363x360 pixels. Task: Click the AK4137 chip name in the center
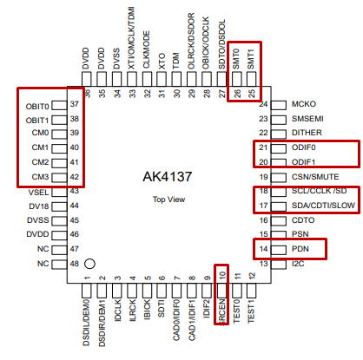click(167, 176)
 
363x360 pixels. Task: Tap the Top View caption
click(168, 200)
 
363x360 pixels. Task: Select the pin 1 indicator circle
click(89, 264)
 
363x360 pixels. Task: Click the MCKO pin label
click(304, 104)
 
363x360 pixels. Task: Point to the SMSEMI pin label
click(307, 119)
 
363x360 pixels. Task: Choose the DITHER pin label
click(307, 133)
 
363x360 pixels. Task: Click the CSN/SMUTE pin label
click(315, 177)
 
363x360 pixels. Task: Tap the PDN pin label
click(300, 249)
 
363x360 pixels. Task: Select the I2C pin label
click(298, 264)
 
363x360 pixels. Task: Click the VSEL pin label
click(38, 193)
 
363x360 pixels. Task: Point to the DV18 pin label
click(39, 206)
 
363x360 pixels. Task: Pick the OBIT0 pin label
click(37, 107)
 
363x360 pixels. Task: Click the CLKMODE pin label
click(147, 49)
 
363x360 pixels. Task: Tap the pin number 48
click(75, 264)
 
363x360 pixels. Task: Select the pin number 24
click(263, 104)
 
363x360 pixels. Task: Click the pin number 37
click(75, 104)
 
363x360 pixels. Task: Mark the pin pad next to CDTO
click(279, 220)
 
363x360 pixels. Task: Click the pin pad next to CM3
click(59, 177)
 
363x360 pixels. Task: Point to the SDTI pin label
click(162, 308)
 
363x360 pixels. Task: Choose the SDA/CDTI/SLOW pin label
click(323, 206)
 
